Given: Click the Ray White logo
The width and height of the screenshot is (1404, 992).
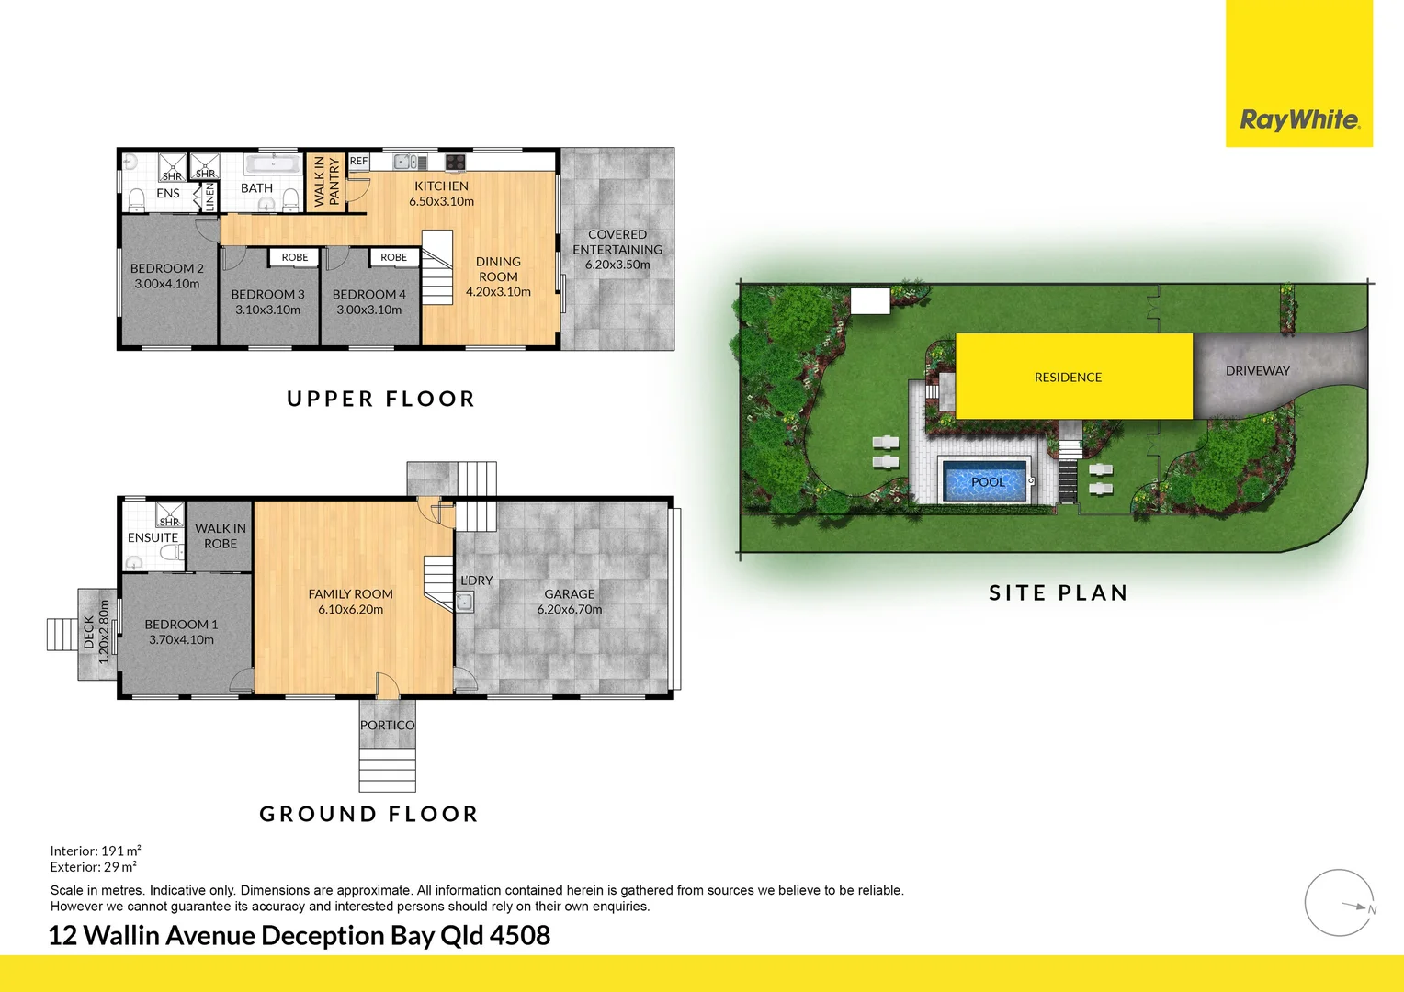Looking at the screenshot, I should pos(1298,119).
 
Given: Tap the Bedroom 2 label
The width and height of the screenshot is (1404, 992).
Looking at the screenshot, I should pos(166,268).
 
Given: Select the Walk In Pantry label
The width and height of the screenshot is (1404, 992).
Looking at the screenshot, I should pos(326,181).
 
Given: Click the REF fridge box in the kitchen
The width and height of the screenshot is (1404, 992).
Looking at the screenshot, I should pos(358,161).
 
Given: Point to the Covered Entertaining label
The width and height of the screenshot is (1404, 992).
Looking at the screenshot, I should pos(617,242).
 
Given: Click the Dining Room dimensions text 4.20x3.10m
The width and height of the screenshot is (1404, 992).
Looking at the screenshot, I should pos(498,292).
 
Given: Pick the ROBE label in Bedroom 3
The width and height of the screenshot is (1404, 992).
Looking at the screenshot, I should pos(295,257).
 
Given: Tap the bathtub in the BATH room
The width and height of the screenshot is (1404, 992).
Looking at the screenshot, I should pos(273,163).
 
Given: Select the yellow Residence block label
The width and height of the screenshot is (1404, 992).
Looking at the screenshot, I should pos(1068,378).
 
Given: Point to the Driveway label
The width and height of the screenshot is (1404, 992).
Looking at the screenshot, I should pos(1257,371).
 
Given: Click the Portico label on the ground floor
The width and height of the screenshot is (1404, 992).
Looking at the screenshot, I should pos(387,725).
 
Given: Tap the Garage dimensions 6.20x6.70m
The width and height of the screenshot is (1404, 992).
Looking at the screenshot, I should pos(570,609).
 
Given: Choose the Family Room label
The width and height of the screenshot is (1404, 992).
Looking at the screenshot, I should pos(350,594).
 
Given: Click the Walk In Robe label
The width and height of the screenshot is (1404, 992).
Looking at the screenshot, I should pos(221,535).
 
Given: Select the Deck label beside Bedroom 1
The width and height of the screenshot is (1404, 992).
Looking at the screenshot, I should pos(89,632).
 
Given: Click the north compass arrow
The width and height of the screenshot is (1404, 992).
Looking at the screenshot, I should pos(1355,907).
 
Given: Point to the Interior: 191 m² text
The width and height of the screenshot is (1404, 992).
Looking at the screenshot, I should pos(96,851).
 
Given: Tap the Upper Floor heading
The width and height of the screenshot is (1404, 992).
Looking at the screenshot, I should pos(380,399).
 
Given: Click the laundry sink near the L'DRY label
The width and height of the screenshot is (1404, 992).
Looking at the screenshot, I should pos(464,603).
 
